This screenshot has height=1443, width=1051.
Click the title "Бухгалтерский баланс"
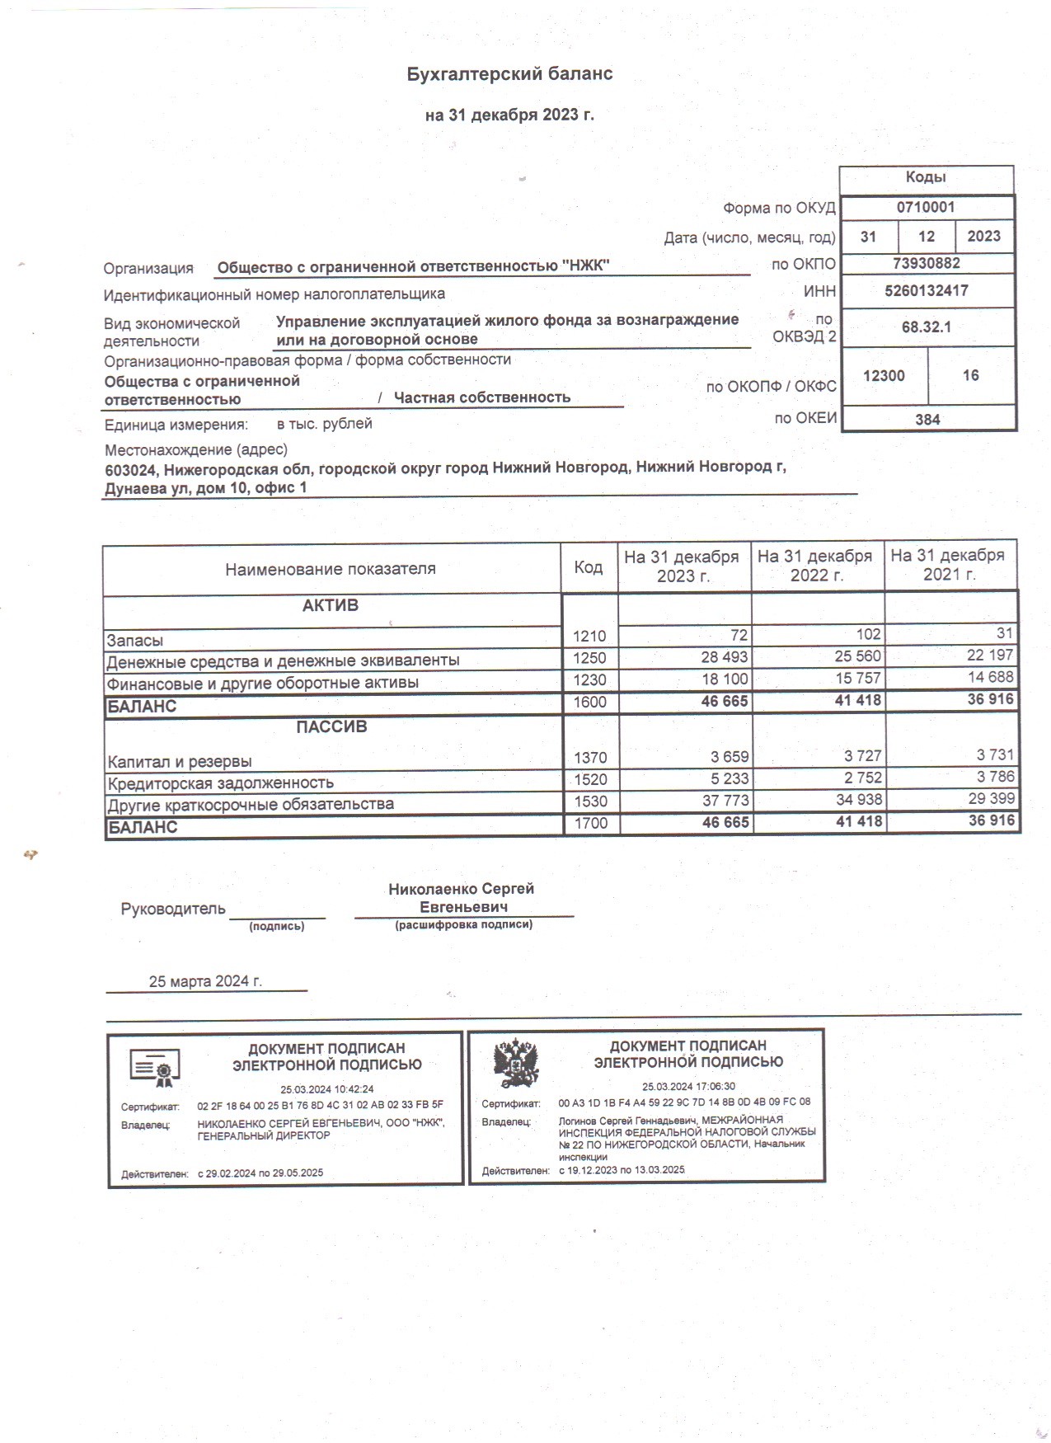click(509, 74)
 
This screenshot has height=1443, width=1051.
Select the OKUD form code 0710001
click(926, 208)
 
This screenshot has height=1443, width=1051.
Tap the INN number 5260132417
click(927, 290)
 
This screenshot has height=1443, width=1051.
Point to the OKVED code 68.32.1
click(926, 327)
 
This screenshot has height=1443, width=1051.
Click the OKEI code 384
click(927, 420)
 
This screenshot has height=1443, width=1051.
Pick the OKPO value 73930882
click(927, 264)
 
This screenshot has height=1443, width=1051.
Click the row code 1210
click(589, 636)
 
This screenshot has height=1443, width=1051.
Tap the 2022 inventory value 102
click(868, 635)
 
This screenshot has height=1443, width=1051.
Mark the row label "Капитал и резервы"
click(179, 762)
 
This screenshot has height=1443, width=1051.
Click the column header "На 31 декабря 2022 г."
click(815, 566)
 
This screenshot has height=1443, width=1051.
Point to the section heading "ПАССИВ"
click(331, 727)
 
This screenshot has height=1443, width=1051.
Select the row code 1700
click(590, 823)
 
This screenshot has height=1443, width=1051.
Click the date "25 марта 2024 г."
click(205, 981)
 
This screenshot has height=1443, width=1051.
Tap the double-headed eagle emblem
click(516, 1064)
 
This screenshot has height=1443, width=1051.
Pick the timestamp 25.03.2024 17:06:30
click(688, 1086)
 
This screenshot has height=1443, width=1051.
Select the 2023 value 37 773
click(720, 801)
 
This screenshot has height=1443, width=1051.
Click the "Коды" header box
click(926, 178)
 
